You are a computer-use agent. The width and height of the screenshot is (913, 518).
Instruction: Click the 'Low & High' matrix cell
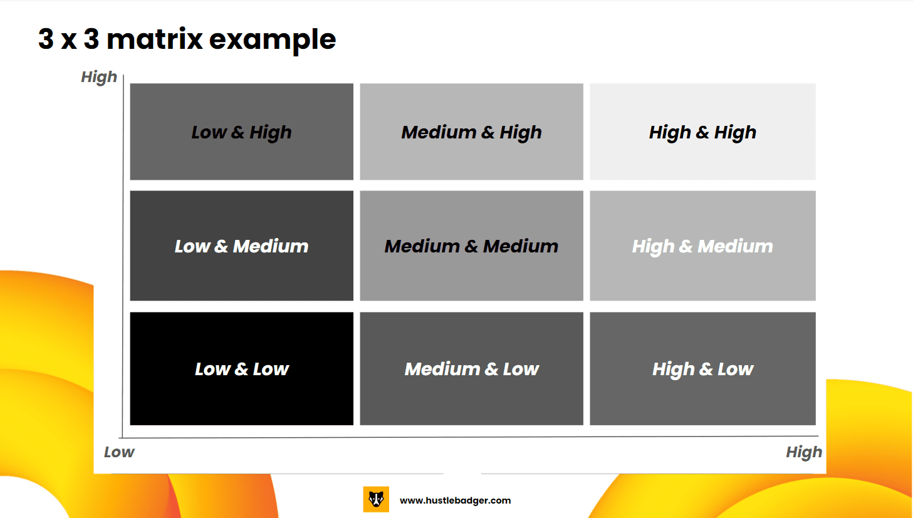click(x=242, y=132)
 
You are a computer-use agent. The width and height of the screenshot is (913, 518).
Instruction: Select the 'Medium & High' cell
click(x=472, y=132)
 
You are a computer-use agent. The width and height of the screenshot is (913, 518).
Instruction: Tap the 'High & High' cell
click(x=702, y=132)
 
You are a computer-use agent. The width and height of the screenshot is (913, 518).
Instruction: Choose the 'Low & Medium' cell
click(x=242, y=246)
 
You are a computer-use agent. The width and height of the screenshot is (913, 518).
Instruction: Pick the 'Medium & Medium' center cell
click(x=472, y=246)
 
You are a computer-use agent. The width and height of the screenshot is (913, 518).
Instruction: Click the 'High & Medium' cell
click(x=702, y=246)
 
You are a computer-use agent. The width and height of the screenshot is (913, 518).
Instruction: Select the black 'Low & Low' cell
click(x=242, y=369)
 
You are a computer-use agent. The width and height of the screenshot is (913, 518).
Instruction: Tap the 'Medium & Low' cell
click(x=472, y=369)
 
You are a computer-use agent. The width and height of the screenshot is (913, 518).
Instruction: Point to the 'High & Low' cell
click(x=702, y=369)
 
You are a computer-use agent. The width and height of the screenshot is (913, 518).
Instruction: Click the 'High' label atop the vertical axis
click(x=99, y=77)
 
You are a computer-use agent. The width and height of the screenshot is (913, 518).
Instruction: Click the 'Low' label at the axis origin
click(x=119, y=452)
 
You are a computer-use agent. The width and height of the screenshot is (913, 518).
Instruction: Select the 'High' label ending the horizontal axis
click(x=804, y=452)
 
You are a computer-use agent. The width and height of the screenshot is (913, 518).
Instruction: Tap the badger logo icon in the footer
click(x=376, y=499)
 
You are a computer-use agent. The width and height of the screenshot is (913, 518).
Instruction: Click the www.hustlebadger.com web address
click(x=456, y=500)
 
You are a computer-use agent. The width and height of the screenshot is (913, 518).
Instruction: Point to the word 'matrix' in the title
click(x=155, y=39)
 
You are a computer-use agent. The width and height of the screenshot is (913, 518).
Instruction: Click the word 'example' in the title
click(x=273, y=41)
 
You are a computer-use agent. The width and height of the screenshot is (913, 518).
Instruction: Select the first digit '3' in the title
click(x=46, y=39)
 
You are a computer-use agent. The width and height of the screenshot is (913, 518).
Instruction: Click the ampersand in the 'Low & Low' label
click(x=241, y=370)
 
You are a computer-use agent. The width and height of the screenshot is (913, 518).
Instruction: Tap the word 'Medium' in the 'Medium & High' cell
click(x=439, y=132)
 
